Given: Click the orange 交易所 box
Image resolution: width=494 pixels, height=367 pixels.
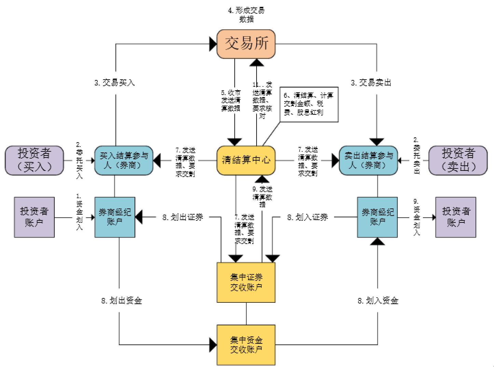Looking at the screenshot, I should coord(246,44).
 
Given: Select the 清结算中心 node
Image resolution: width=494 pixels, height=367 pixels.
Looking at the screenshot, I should coord(246,160).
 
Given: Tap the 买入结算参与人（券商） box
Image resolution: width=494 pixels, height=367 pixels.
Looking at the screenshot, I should coord(124,160).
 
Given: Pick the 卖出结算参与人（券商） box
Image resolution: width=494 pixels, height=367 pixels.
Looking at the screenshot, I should coord(368,160).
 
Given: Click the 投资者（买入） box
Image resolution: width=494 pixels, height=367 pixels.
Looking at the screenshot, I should coord(34,160).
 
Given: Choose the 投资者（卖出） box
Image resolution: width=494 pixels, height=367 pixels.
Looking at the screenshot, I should coord(458,160).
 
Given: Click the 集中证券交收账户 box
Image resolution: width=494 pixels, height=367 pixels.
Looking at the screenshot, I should coord(246,282).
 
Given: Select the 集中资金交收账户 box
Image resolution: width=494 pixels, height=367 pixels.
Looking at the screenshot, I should coord(246,345).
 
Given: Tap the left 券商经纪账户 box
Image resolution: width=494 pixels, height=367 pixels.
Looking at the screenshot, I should coord(115,217).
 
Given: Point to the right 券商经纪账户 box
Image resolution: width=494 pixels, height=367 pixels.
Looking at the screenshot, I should coord(378,217).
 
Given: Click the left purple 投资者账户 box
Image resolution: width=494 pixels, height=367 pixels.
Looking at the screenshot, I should coord(34,217).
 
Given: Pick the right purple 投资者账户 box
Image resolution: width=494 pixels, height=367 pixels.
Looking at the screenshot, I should coord(456,217).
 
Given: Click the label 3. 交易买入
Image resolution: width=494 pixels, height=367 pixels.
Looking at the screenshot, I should coord(115,83).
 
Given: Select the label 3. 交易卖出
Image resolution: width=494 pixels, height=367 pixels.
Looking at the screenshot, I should coord(371,83).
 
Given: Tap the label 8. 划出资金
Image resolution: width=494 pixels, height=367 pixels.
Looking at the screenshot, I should coord(122,301).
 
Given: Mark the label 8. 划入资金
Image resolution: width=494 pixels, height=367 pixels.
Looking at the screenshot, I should coord(378,301).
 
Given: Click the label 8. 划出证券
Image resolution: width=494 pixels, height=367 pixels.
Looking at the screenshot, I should coord(182,217).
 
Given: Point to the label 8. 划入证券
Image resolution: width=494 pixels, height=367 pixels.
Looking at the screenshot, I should coord(307,217).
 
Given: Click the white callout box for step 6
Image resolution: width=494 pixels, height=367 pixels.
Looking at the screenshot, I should coord(309,104).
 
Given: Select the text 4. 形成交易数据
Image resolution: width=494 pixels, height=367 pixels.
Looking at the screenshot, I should coord(246,15).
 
